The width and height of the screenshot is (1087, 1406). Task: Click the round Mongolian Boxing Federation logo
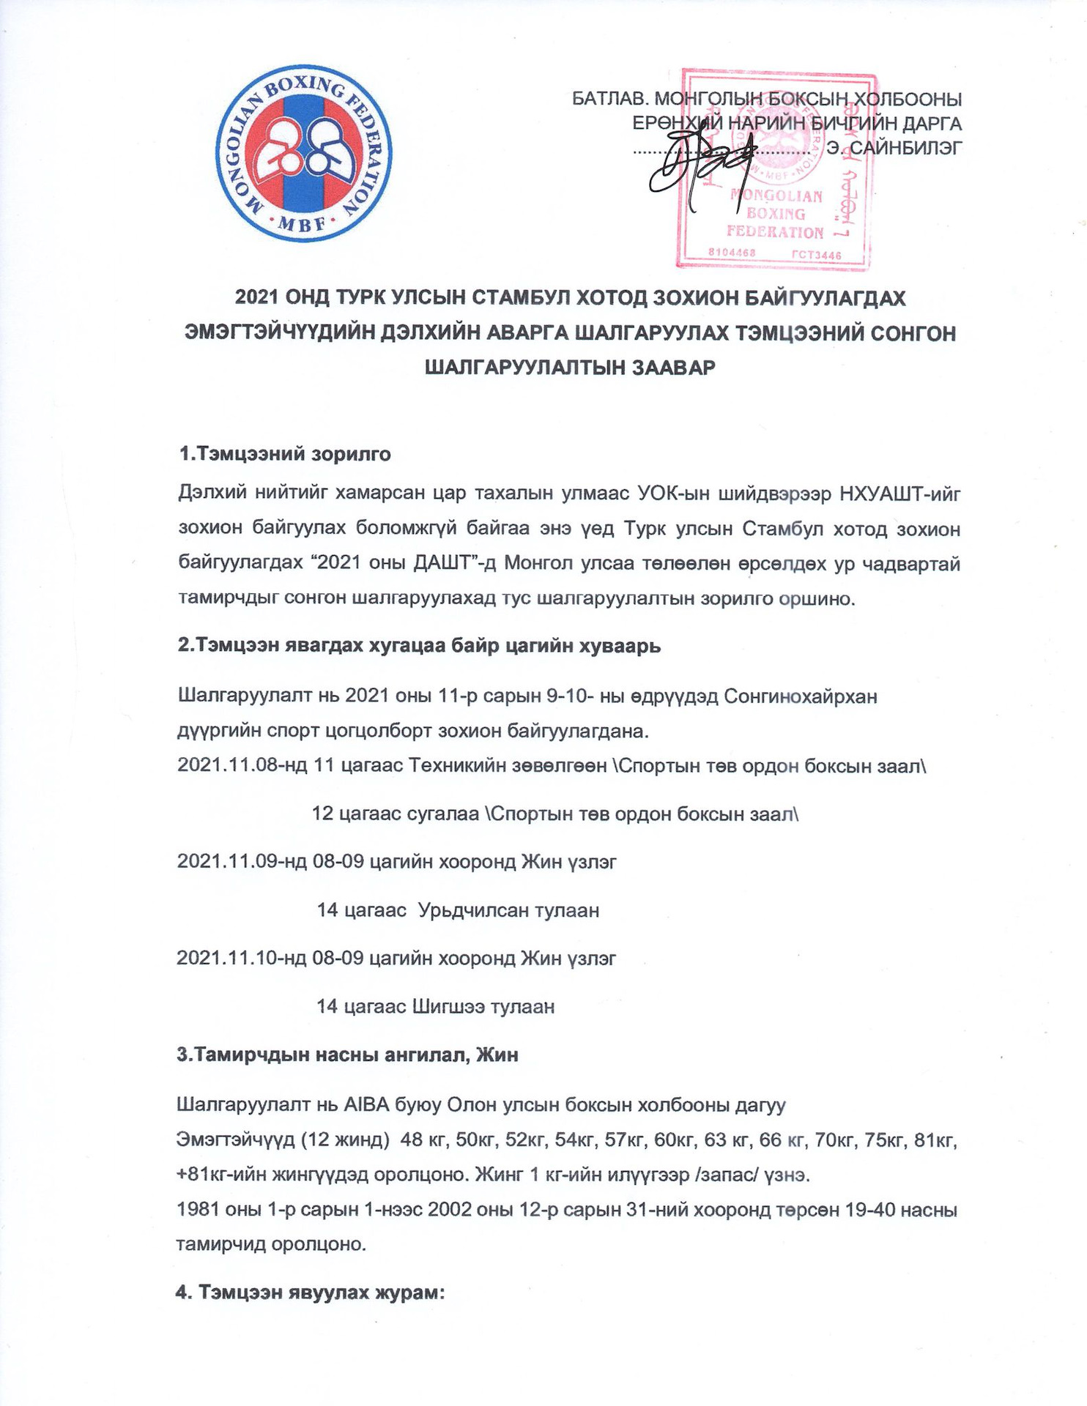point(304,156)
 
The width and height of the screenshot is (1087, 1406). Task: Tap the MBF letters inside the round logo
point(303,224)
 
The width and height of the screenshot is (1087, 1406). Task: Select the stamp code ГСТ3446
point(817,256)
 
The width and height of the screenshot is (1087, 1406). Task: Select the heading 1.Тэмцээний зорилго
point(285,454)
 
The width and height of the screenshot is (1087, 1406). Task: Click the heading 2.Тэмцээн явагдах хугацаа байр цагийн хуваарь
point(419,646)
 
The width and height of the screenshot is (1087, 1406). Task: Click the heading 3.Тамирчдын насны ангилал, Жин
point(347,1054)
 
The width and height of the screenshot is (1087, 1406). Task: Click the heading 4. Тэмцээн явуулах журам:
point(311,1292)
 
